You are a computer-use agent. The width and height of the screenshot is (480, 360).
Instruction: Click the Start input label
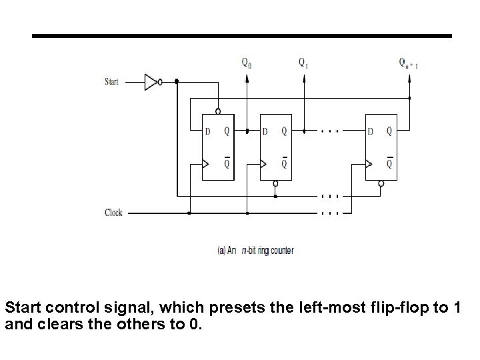pyautogui.click(x=113, y=82)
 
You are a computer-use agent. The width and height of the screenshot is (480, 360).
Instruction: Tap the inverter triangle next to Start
pyautogui.click(x=152, y=82)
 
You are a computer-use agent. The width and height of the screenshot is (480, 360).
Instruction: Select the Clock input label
pyautogui.click(x=113, y=213)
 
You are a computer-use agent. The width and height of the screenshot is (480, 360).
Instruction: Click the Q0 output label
pyautogui.click(x=247, y=63)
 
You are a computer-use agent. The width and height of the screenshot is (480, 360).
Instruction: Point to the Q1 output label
pyautogui.click(x=303, y=63)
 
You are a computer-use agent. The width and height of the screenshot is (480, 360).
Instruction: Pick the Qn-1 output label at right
pyautogui.click(x=409, y=63)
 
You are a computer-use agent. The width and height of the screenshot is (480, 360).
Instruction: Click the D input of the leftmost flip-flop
pyautogui.click(x=207, y=131)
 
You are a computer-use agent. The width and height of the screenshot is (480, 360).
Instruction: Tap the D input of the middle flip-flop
pyautogui.click(x=265, y=131)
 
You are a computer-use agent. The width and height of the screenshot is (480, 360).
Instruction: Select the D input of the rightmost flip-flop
pyautogui.click(x=370, y=131)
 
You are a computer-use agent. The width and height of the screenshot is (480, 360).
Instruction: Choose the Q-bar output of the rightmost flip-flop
pyautogui.click(x=389, y=163)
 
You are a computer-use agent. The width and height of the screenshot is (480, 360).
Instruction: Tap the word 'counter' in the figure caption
pyautogui.click(x=283, y=251)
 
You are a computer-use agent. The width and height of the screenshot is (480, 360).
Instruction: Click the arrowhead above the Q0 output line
pyautogui.click(x=247, y=77)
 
